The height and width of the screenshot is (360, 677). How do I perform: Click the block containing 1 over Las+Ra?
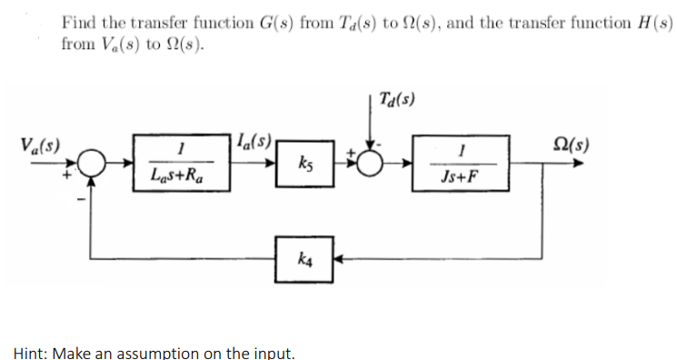[x=181, y=162]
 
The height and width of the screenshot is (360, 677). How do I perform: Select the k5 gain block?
[x=300, y=165]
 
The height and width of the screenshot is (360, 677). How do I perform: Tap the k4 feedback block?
[x=300, y=259]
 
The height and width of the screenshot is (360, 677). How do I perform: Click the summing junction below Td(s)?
[x=372, y=165]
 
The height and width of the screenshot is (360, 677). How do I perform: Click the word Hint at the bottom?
[x=33, y=351]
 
